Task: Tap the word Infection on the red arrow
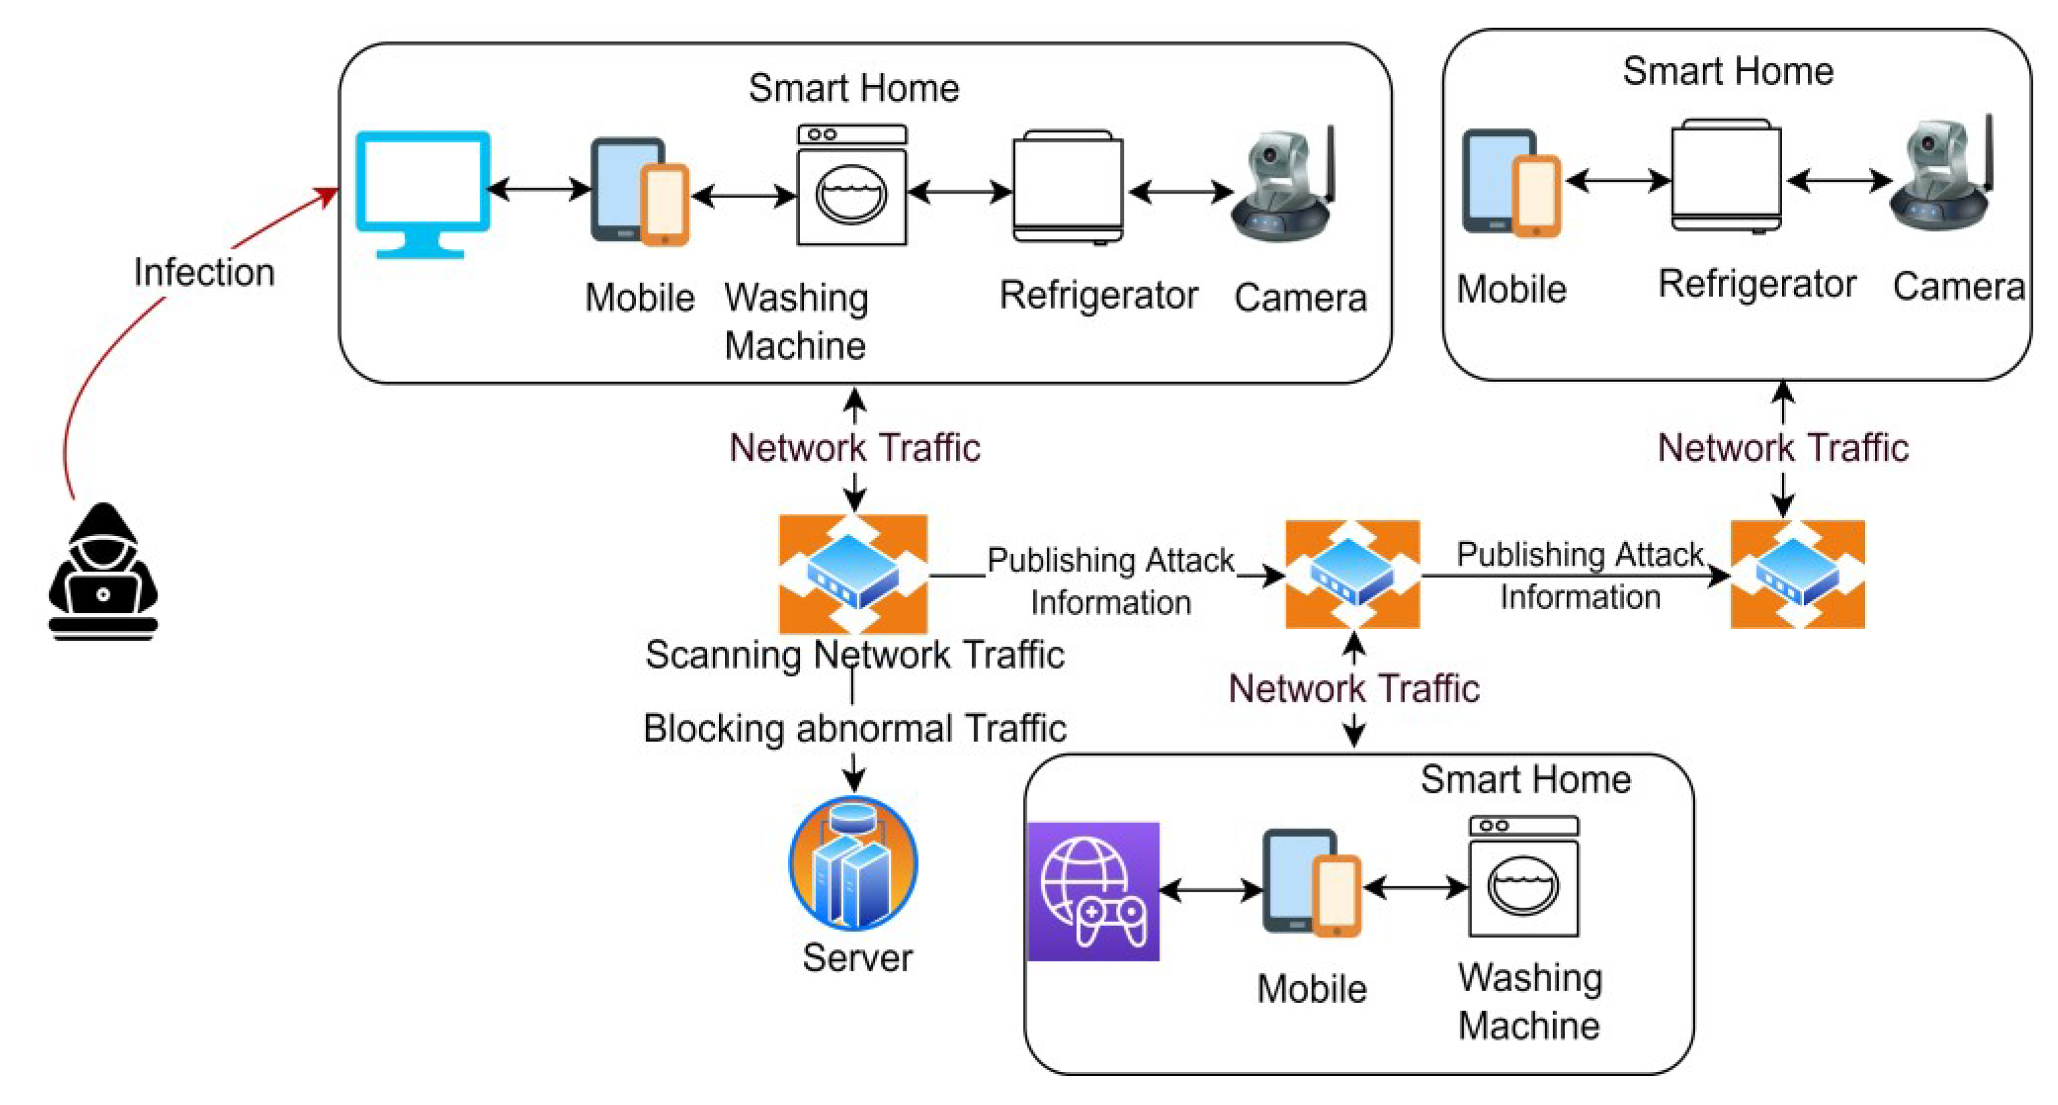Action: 205,273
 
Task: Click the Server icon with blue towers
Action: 853,862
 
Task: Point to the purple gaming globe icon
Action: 1093,891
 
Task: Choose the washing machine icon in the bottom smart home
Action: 1523,876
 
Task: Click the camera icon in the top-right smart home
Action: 1941,176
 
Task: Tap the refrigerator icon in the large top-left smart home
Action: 1068,187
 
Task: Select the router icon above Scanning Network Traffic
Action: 853,574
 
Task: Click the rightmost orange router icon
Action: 1797,574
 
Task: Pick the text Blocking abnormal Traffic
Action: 854,729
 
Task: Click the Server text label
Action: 857,957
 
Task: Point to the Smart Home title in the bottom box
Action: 1525,779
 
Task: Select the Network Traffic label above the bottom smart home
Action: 1354,689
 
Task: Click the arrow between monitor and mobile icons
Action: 540,190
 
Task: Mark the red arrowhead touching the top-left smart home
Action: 328,195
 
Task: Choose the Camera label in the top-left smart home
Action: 1300,298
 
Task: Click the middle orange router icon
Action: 1352,574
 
